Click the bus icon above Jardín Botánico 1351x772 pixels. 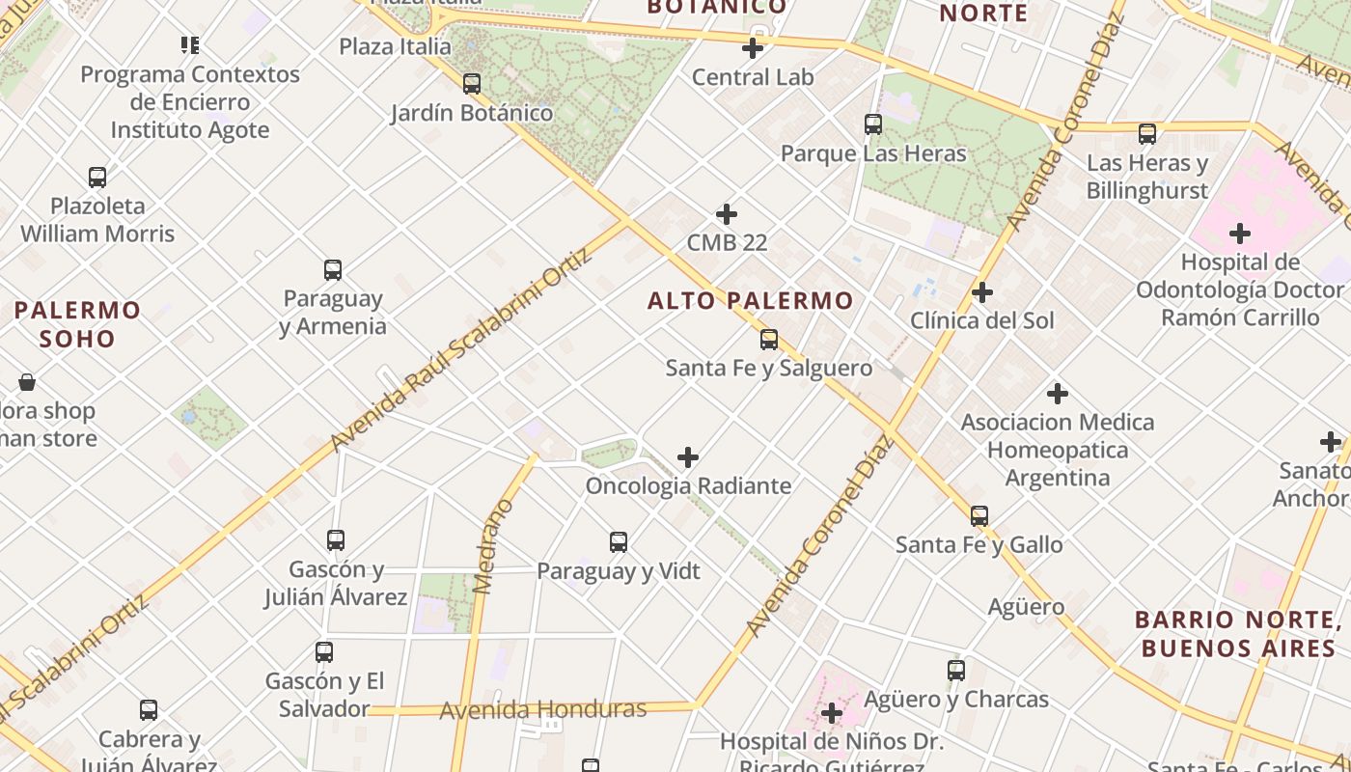coord(471,84)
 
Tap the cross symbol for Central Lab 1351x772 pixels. coord(753,48)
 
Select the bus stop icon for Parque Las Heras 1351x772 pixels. coord(873,124)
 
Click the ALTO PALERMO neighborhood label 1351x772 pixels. coord(750,301)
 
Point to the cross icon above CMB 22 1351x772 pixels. coord(727,214)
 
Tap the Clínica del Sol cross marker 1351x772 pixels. coord(982,292)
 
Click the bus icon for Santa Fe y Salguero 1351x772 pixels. coord(769,340)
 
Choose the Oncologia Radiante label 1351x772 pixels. coord(688,485)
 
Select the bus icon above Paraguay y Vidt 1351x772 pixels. coord(619,542)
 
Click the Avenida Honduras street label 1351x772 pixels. coord(542,710)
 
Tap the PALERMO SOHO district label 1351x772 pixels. coord(77,324)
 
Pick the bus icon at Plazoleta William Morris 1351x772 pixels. coord(97,178)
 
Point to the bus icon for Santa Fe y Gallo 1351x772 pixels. coord(979,516)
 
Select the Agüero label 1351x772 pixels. coord(1026,607)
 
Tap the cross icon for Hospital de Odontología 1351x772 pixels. coord(1240,234)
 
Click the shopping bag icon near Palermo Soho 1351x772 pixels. coord(27,382)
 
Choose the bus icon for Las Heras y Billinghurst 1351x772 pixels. coord(1147,134)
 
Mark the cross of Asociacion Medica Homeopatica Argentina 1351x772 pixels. coord(1058,394)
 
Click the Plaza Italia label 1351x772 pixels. coord(395,46)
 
